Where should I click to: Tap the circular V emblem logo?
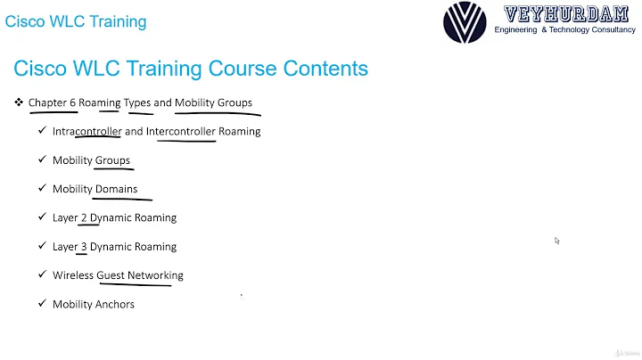click(x=465, y=22)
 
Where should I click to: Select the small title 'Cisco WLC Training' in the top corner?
click(x=76, y=21)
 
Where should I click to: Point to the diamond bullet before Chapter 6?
click(x=18, y=102)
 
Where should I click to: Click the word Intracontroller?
click(x=86, y=131)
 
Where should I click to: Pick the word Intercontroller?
click(x=181, y=131)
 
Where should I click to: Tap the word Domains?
click(x=116, y=189)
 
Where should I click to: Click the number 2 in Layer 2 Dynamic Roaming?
click(x=84, y=217)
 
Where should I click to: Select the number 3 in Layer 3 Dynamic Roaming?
click(x=84, y=247)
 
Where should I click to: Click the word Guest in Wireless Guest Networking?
click(x=111, y=275)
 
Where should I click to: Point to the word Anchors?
click(x=115, y=304)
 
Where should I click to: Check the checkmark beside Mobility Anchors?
click(x=42, y=304)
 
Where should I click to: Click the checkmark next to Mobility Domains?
click(x=42, y=189)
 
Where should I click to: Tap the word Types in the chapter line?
click(x=137, y=102)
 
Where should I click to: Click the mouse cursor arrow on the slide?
click(x=557, y=241)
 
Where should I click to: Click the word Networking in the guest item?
click(x=155, y=275)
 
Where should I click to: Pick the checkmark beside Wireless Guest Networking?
click(x=42, y=275)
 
